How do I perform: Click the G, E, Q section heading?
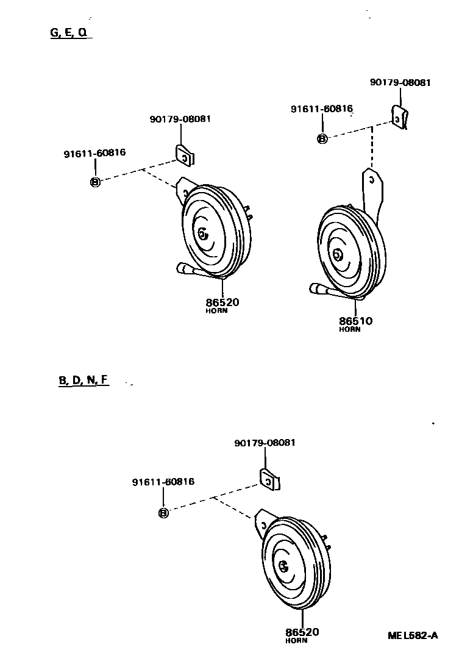point(70,34)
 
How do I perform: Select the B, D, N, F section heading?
point(84,381)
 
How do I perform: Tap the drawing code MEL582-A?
point(413,635)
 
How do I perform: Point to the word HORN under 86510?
point(349,330)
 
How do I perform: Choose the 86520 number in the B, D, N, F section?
point(302,632)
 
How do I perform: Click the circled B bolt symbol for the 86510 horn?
point(322,139)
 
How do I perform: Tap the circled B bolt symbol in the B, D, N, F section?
point(163,513)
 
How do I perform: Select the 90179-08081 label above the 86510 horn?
point(400,82)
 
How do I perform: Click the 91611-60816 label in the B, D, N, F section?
point(163,482)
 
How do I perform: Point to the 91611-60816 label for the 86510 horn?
point(321,109)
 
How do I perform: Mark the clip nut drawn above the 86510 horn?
point(399,117)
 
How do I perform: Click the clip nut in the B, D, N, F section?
point(269,479)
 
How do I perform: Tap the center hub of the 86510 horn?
point(336,254)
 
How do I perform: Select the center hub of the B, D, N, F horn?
point(283,567)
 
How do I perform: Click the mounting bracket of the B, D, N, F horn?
point(264,520)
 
